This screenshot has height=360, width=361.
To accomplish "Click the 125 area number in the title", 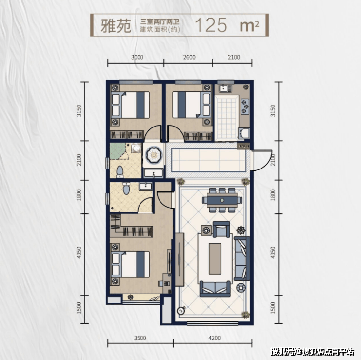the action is [211, 25].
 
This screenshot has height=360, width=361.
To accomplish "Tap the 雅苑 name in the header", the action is [116, 25].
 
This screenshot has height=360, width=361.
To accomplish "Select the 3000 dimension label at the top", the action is [137, 57].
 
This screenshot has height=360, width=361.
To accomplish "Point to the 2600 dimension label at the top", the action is [189, 57].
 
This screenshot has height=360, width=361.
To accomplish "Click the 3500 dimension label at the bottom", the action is [140, 338].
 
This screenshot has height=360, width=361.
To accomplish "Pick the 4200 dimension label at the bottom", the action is [214, 338].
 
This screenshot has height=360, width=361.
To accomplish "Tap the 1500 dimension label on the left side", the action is [79, 308].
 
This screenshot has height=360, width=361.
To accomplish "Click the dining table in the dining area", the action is [222, 200].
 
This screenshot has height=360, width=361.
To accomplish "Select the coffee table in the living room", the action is [215, 258].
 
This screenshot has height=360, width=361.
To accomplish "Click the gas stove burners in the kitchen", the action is [245, 106].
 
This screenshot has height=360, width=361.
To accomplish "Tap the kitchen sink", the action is [225, 88].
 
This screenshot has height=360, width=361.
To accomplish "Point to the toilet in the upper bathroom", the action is [120, 172].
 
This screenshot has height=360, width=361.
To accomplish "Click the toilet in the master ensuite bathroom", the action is [126, 189].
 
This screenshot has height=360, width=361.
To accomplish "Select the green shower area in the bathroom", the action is [118, 151].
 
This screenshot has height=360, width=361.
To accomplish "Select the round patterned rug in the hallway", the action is [154, 154].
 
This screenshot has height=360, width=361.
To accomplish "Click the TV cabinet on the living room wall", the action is [180, 259].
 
